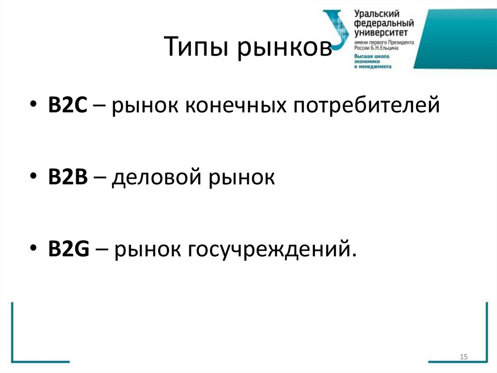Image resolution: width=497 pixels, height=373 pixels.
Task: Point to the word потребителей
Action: (366, 106)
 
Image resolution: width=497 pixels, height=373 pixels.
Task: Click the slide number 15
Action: (463, 357)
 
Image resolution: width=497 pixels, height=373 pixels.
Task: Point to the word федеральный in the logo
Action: (383, 24)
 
